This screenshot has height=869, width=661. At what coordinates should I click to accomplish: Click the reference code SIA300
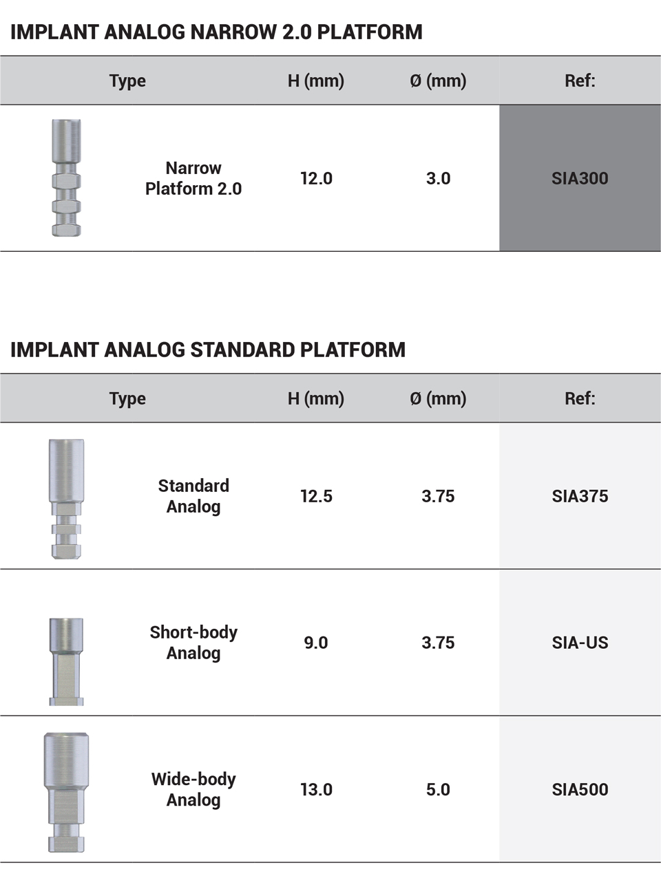580,178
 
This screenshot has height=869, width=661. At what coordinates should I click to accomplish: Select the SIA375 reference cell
580,496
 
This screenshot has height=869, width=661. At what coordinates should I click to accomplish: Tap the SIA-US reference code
580,643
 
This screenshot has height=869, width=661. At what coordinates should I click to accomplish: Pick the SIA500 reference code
580,789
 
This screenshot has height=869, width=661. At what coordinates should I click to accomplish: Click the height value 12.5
316,496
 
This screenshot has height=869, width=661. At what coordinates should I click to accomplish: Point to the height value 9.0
316,643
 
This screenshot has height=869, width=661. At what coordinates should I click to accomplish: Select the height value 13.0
316,789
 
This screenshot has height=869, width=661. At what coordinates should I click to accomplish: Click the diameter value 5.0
438,789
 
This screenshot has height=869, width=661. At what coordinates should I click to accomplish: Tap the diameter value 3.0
438,178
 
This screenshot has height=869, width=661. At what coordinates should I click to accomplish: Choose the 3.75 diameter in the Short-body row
438,643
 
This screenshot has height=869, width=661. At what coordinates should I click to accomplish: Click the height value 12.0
316,178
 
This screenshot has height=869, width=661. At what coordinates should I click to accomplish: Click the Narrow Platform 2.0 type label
193,178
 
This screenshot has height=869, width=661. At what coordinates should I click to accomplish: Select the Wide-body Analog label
193,789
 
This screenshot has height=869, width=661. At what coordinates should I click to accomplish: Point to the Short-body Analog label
193,643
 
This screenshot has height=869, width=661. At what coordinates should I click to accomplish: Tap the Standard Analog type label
193,496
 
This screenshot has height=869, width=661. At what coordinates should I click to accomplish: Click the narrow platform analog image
66,178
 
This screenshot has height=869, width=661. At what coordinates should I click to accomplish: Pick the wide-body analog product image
66,792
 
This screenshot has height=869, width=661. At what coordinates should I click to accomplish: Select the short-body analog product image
66,661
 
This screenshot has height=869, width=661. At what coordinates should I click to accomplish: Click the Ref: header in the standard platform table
580,398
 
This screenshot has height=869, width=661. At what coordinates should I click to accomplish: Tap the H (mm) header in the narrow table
316,81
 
